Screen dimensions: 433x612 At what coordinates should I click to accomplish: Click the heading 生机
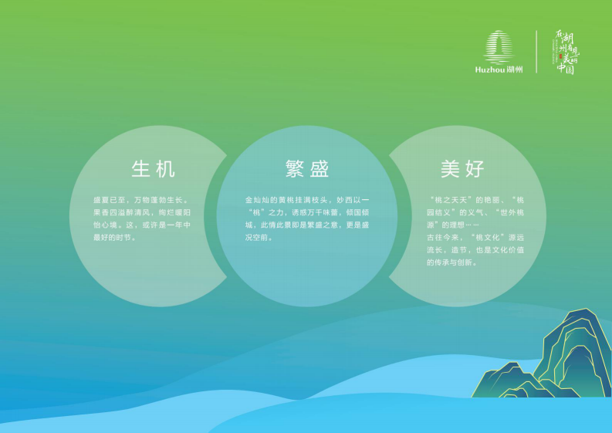153,169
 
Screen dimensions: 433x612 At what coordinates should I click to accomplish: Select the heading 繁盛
307,169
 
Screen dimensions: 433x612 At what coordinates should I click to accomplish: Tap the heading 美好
462,169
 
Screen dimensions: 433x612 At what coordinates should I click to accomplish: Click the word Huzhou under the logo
491,69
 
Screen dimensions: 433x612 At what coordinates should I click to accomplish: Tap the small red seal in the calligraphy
558,57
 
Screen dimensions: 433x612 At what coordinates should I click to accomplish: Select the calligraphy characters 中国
566,69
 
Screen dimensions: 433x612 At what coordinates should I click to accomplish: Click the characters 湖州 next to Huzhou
516,69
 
